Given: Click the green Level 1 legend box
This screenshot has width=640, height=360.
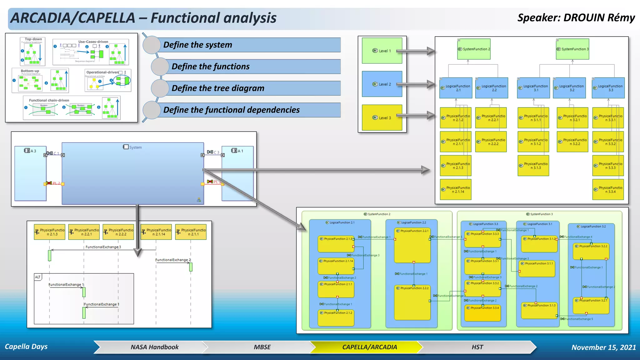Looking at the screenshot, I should coord(382,51).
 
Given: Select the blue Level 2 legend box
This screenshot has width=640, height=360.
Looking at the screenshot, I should coord(382,84).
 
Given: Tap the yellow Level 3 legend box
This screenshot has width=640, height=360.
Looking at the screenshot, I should coord(382,117).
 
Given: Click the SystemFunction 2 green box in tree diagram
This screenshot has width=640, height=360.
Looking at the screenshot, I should coord(474,49).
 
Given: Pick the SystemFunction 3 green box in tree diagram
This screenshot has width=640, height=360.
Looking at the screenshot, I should coord(572,49).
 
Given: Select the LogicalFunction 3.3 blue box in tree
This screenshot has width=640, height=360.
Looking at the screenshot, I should coord(608,88).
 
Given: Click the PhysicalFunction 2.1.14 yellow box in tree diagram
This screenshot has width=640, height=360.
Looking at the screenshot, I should coord(456,190).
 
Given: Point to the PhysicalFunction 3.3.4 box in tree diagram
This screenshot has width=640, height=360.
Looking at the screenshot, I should coord(608,190).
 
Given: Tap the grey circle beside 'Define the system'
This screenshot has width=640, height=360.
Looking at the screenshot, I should coord(152,45).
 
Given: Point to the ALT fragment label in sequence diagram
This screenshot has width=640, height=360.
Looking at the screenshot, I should coord(38,277).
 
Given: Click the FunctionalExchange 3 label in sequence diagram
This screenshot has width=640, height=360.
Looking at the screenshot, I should coord(103,247).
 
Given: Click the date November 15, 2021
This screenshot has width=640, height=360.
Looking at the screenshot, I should coord(603,347).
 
